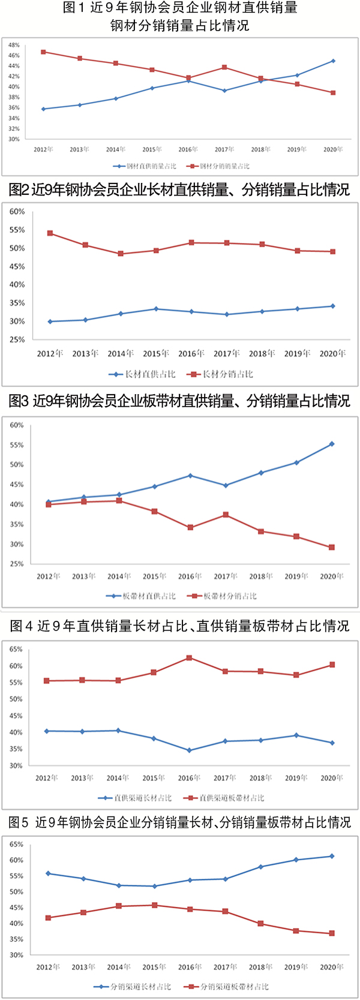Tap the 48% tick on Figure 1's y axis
click(x=14, y=45)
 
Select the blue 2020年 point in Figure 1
click(x=333, y=61)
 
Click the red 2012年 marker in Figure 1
click(x=43, y=52)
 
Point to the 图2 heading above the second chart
click(x=179, y=190)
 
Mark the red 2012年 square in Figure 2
click(x=50, y=233)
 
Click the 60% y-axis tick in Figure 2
click(x=17, y=212)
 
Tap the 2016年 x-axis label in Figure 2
click(x=191, y=353)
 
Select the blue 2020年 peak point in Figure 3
click(x=332, y=444)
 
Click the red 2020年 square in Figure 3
click(x=332, y=547)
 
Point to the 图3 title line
click(x=179, y=401)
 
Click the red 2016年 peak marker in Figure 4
click(x=189, y=658)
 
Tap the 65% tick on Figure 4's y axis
click(x=16, y=649)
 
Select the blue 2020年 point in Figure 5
click(x=331, y=856)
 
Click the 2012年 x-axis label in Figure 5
click(x=48, y=967)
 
